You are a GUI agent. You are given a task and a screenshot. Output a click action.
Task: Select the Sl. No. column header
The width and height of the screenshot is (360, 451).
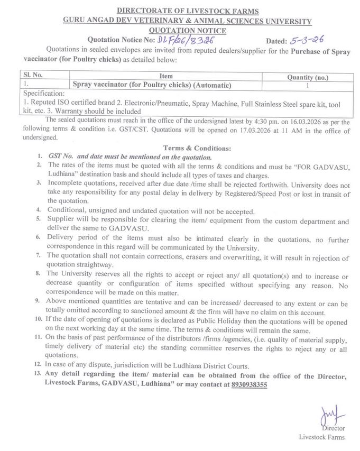tap(32, 76)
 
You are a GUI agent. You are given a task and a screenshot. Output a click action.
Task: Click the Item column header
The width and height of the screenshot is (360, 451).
tap(166, 76)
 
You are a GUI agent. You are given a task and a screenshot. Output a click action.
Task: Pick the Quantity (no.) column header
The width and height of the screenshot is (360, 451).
tap(308, 77)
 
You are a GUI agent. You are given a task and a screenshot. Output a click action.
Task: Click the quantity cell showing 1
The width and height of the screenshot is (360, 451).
tap(308, 85)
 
